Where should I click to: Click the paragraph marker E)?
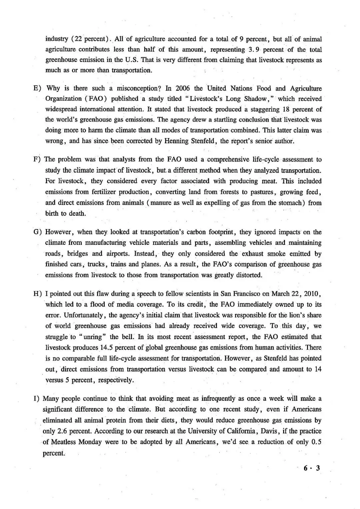click(x=37, y=88)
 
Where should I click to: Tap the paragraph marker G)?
click(x=37, y=232)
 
